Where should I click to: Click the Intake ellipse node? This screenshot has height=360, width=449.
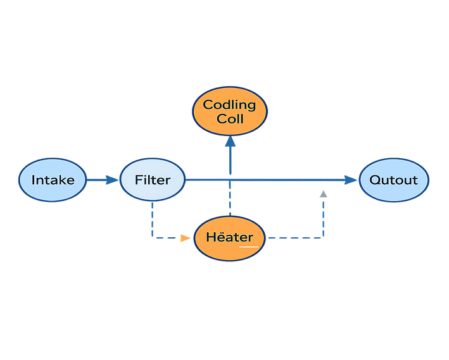tap(53, 180)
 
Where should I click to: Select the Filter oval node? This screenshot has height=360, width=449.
tap(153, 180)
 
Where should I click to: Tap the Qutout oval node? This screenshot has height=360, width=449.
tap(393, 180)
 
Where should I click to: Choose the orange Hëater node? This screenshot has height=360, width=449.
tap(229, 238)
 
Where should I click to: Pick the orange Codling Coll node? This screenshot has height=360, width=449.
tap(229, 111)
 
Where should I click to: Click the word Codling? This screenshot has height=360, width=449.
tap(229, 105)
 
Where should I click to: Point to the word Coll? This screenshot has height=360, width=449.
tap(229, 119)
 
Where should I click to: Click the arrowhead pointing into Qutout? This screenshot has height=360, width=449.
tap(352, 180)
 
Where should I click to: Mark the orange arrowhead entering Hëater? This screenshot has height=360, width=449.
tap(185, 238)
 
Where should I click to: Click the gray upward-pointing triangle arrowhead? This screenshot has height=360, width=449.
tap(323, 194)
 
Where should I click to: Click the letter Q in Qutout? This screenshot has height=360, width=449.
tap(374, 180)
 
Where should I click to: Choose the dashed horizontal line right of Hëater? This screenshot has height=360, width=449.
tap(294, 239)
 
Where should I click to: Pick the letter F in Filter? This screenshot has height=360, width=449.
tap(139, 180)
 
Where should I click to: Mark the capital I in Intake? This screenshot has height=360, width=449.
tap(34, 180)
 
